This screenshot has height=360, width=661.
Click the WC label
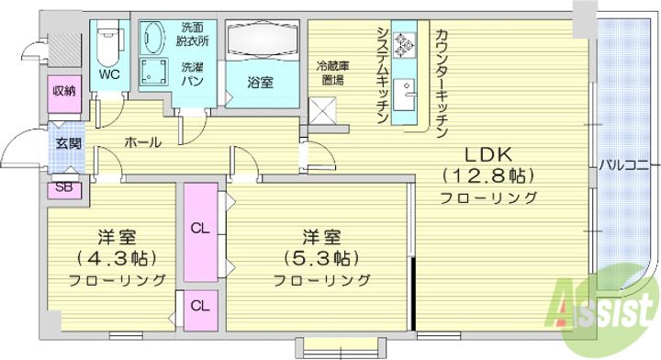pyautogui.click(x=109, y=74)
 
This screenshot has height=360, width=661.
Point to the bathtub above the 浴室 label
pyautogui.click(x=262, y=39)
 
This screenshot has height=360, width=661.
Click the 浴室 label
pyautogui.click(x=260, y=83)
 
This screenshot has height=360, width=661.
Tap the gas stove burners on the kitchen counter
pyautogui.click(x=404, y=45)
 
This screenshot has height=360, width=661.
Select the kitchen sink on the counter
pyautogui.click(x=404, y=95)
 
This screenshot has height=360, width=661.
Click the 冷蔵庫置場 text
pyautogui.click(x=333, y=73)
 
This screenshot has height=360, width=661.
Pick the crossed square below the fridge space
pyautogui.click(x=322, y=110)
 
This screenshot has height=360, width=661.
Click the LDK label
pyautogui.click(x=488, y=154)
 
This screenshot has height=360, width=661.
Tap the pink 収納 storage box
pyautogui.click(x=64, y=94)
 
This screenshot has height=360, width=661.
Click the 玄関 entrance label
pyautogui.click(x=68, y=143)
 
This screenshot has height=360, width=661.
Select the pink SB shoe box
pyautogui.click(x=64, y=187)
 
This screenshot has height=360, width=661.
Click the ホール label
pyautogui.click(x=142, y=142)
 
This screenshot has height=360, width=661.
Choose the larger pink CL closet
pyautogui.click(x=201, y=231)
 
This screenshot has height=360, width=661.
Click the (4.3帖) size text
pyautogui.click(x=117, y=257)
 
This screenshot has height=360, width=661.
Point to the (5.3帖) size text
pyautogui.click(x=321, y=257)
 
